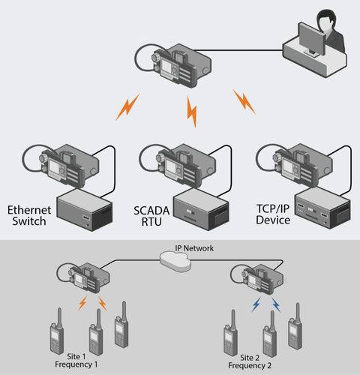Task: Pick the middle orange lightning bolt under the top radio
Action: (x=191, y=112)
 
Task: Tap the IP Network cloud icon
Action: (x=177, y=259)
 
